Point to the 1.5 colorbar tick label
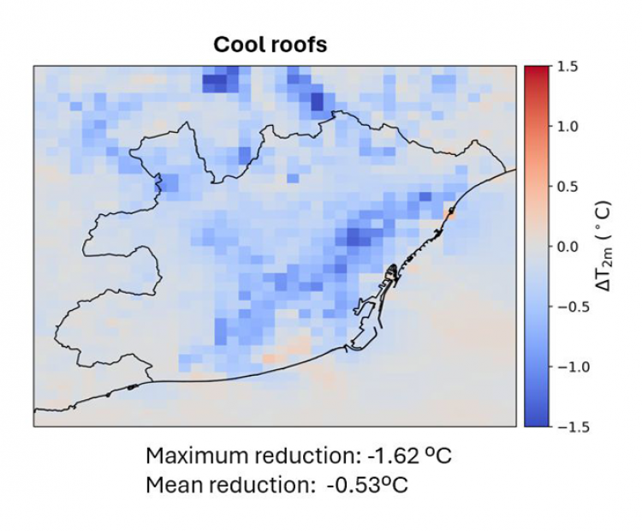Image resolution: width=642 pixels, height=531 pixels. coord(568,67)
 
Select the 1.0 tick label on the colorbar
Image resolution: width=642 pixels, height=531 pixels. coord(568,127)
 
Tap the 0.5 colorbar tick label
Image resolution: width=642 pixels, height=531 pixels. coord(568,187)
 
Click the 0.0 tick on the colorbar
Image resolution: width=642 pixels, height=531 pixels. coord(568,247)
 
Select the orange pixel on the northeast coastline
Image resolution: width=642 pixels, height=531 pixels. coord(449,212)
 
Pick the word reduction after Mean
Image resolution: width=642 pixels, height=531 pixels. coord(253,485)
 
